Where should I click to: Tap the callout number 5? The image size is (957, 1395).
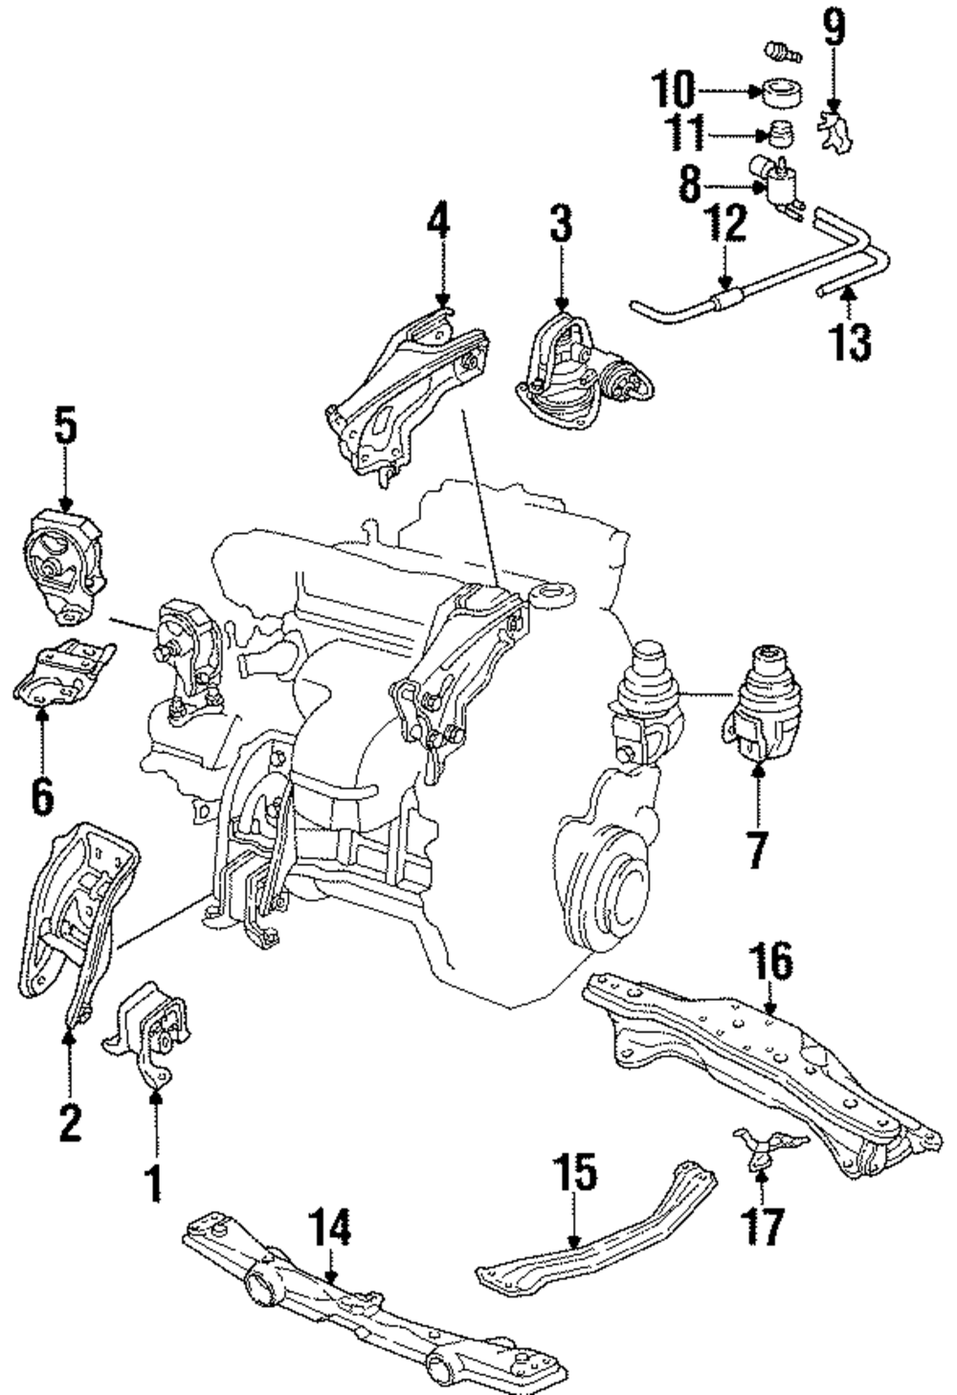tap(66, 427)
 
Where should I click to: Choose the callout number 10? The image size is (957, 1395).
tap(672, 90)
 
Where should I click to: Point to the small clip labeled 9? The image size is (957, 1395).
tap(834, 132)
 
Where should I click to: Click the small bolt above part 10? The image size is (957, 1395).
tap(781, 53)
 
